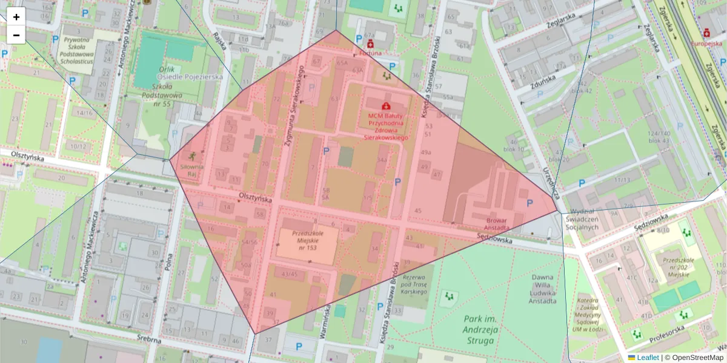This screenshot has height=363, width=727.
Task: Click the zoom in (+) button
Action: click(16, 17)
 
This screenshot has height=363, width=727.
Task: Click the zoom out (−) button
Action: click(16, 35)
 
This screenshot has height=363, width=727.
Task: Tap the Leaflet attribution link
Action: click(648, 358)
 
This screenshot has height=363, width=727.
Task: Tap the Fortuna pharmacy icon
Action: click(370, 44)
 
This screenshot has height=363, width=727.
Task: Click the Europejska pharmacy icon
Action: click(706, 33)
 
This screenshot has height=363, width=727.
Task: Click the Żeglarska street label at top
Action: click(559, 21)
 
